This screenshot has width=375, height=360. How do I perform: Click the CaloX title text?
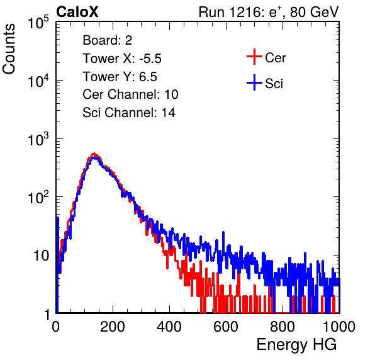pos(77,12)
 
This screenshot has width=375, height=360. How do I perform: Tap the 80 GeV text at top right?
pos(314,12)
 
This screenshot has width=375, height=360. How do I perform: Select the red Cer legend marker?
pos(254,57)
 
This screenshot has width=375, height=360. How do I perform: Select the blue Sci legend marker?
pos(254,82)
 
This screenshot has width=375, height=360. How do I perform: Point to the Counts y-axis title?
pos(9,49)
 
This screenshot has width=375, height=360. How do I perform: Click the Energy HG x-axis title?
pos(296,345)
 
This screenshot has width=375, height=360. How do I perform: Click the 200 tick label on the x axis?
pos(113,327)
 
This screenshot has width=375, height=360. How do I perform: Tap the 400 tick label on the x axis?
pos(169,327)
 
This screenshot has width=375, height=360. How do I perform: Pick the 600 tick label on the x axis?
pos(226,327)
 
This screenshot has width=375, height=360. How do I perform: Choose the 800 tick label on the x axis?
pos(283,327)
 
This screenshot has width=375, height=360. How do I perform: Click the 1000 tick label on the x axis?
pos(339,327)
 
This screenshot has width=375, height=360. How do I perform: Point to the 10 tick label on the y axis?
pos(42,256)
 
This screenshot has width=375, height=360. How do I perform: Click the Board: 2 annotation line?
pos(108,40)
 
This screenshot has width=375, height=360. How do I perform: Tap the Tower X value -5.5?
pos(150,59)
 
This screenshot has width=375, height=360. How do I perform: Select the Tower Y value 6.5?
pos(148,77)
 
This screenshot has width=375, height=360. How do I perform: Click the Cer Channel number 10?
pos(171,94)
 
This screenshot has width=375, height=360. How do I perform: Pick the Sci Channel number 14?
pos(169,113)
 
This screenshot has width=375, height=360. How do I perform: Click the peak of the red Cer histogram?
pos(94,154)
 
